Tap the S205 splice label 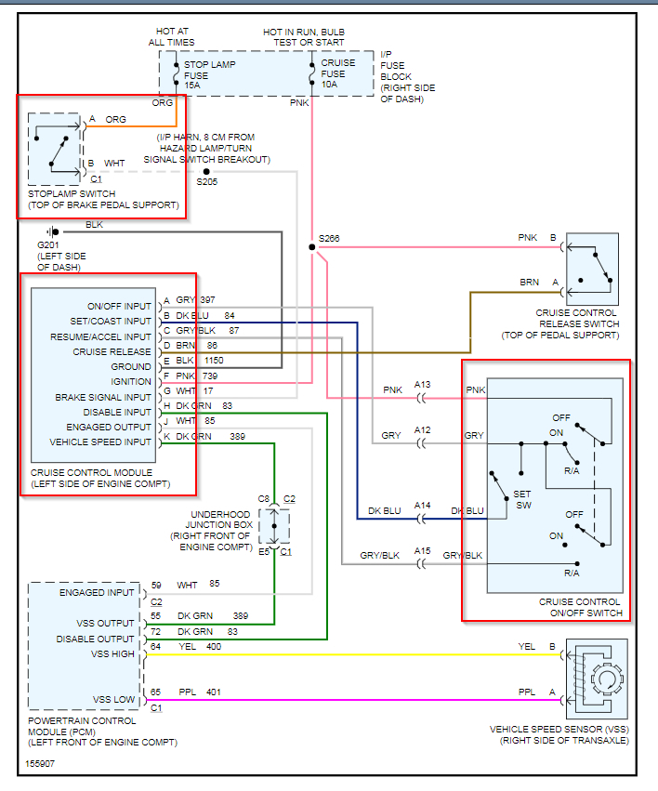(x=207, y=182)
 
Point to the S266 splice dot (x=311, y=248)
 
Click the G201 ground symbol (x=53, y=231)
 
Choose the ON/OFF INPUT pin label (x=119, y=307)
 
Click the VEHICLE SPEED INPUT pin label (x=100, y=442)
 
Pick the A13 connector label (x=423, y=384)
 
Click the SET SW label (x=524, y=500)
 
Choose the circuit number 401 (x=215, y=692)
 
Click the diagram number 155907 (x=41, y=764)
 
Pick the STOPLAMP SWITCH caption (x=103, y=200)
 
